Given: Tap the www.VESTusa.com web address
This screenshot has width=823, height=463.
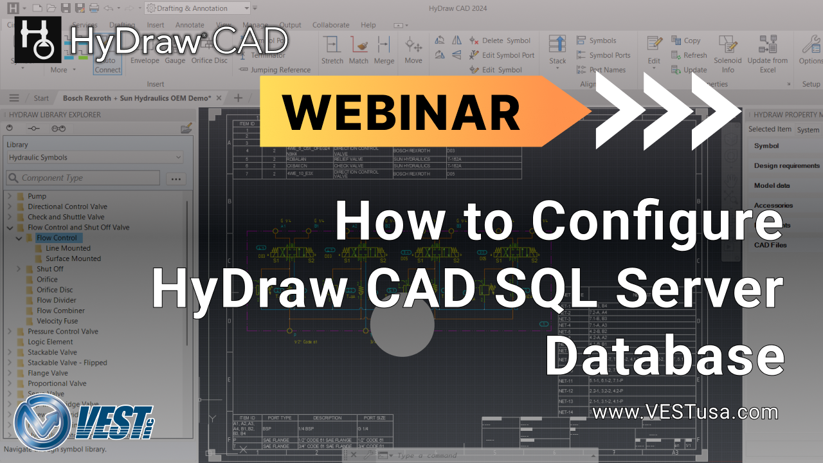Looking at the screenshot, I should pos(685,412).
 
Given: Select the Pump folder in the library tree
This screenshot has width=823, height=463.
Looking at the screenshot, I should pos(37,196).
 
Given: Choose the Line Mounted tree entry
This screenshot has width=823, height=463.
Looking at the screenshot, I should pos(68,248).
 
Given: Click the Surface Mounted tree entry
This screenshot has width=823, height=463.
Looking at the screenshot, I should pos(73,259).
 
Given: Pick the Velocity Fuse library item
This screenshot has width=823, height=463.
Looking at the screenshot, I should pos(57,321).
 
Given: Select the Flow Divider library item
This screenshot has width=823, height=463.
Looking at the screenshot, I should pos(56,300).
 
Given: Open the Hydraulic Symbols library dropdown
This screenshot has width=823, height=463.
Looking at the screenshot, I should pos(95,158).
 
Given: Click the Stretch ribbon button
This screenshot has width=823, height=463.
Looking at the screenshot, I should pos(332,50).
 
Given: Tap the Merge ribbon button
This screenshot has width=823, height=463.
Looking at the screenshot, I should pos(384,50).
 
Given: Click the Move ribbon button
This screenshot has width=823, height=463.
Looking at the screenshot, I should pos(413,50).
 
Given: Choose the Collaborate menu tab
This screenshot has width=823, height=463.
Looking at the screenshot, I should pos(331,25).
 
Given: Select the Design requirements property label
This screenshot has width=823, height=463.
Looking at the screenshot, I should pos(786,166).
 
